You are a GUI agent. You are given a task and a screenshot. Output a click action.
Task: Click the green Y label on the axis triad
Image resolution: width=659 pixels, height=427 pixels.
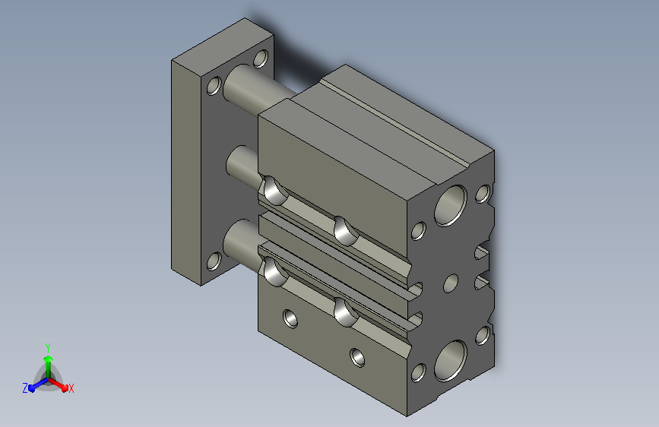tap(48, 347)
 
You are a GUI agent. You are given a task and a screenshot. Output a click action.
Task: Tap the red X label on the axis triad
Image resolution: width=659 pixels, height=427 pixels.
tap(71, 388)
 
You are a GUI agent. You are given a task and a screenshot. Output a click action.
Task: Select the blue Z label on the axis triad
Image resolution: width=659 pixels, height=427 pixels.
tap(25, 388)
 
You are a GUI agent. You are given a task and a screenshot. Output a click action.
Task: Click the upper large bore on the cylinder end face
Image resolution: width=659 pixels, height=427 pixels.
tap(451, 205)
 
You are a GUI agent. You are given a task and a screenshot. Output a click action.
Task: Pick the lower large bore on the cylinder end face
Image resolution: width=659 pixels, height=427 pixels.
tap(451, 361)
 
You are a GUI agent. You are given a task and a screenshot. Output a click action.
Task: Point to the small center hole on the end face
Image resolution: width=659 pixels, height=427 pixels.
tap(451, 283)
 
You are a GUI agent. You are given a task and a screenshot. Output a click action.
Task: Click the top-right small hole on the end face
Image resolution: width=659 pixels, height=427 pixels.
tap(483, 194)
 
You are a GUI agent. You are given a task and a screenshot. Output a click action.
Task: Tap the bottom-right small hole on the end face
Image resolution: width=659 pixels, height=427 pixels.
tap(483, 335)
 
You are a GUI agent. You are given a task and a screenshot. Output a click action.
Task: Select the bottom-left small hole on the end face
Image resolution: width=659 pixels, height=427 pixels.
tap(419, 373)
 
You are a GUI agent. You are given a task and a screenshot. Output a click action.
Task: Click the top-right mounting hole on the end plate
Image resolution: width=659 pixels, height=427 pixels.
tap(261, 59)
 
